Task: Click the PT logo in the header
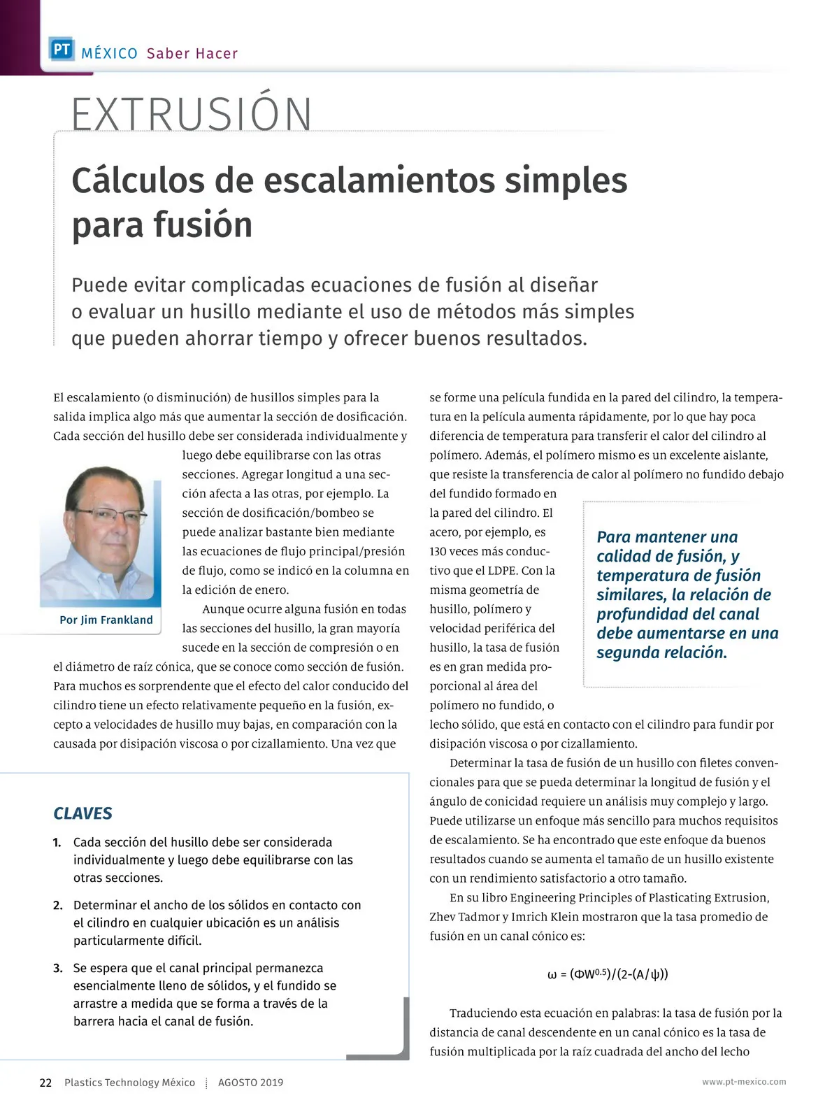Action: point(62,50)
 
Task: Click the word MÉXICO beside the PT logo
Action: point(109,54)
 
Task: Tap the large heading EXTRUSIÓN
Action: point(192,115)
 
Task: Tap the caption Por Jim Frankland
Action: point(106,620)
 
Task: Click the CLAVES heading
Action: point(83,813)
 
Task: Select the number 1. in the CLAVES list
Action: point(57,843)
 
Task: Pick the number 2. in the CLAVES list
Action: point(58,906)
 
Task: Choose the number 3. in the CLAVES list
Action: point(58,969)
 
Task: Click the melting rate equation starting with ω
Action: point(607,974)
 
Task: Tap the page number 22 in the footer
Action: point(45,1083)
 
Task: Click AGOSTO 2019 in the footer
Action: point(250,1083)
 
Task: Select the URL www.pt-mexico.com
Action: point(744,1082)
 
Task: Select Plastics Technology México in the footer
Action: point(129,1083)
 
